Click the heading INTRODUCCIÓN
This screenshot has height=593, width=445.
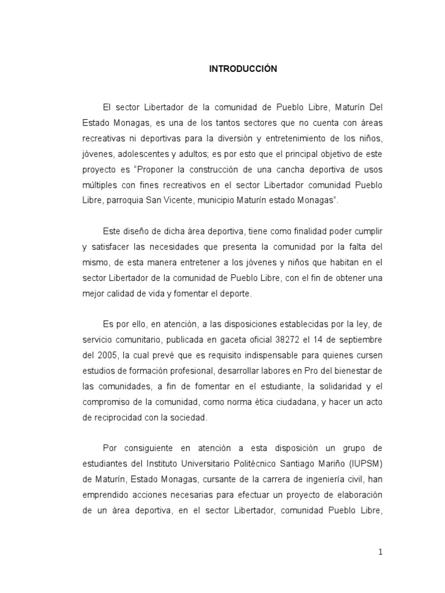pyautogui.click(x=243, y=69)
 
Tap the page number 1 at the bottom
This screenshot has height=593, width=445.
pyautogui.click(x=380, y=552)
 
